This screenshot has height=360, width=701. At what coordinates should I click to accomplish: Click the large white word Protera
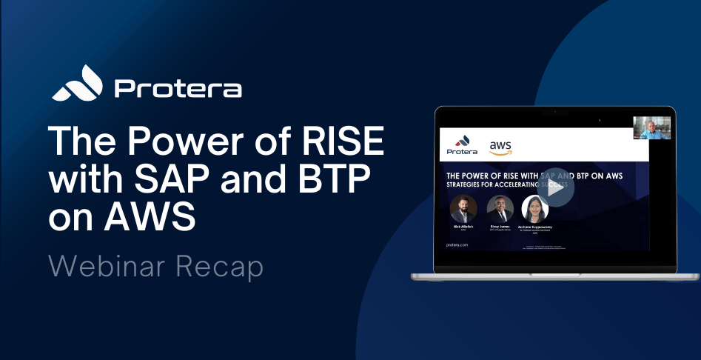178,89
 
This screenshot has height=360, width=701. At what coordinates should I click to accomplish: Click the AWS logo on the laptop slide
500,146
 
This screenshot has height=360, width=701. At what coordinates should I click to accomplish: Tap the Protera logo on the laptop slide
459,145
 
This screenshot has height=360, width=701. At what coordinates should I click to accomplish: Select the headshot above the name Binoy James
500,207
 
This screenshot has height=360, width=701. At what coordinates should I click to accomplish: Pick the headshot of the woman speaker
534,208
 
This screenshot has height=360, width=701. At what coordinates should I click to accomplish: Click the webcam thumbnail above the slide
652,127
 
